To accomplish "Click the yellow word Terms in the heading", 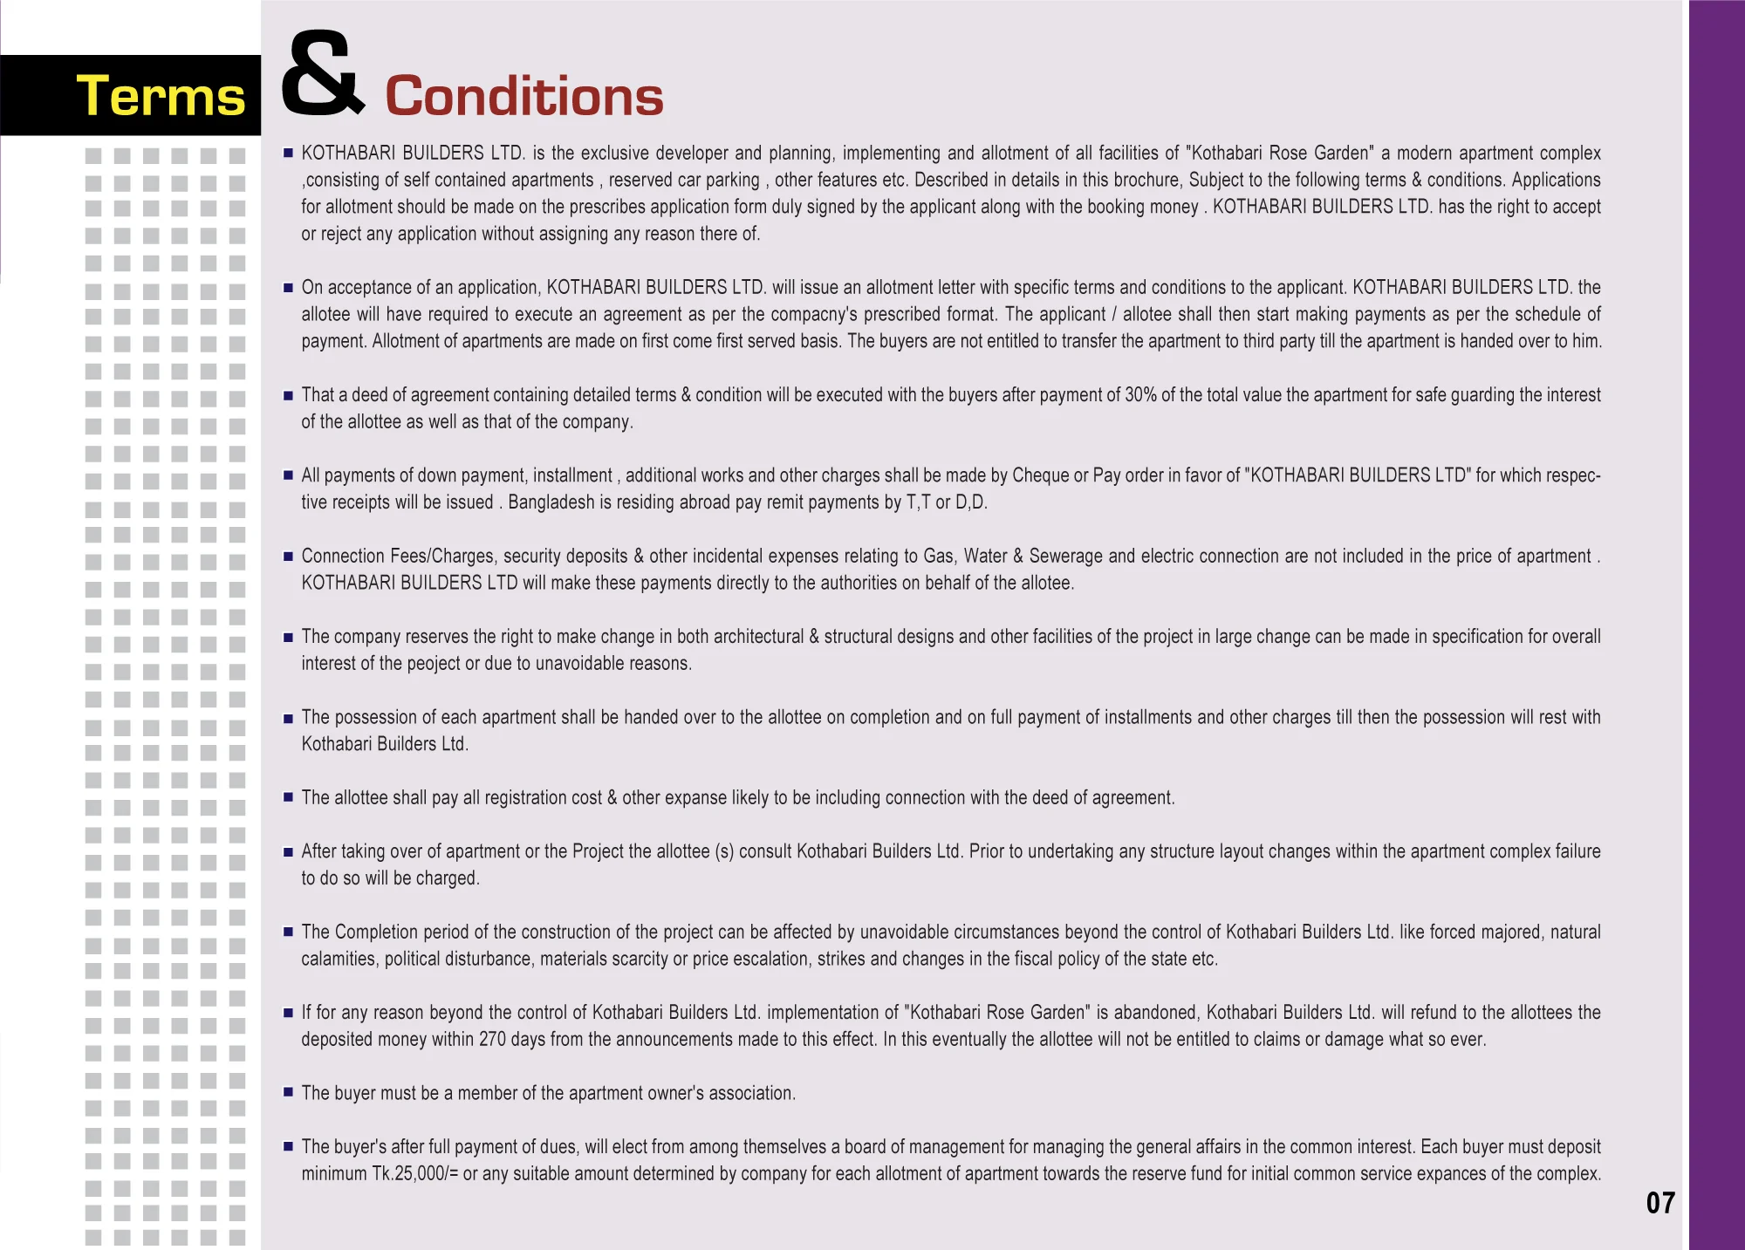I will pyautogui.click(x=161, y=96).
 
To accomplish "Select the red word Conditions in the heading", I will pyautogui.click(x=523, y=96).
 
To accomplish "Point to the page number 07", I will pyautogui.click(x=1659, y=1203).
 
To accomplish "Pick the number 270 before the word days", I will pyautogui.click(x=492, y=1040).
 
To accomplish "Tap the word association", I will pyautogui.click(x=750, y=1094).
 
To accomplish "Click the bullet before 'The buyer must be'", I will pyautogui.click(x=288, y=1092).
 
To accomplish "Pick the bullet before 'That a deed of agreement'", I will pyautogui.click(x=288, y=395).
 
